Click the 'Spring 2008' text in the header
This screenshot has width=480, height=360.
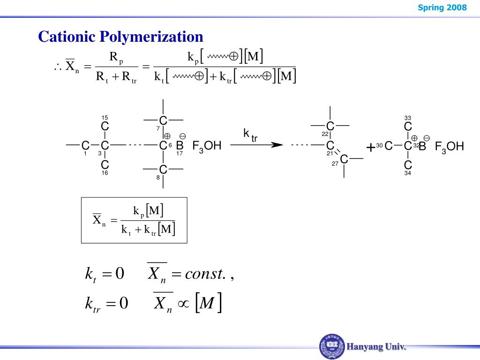click(x=449, y=7)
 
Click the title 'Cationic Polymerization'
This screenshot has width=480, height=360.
click(x=120, y=37)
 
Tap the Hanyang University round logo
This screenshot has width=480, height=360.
click(x=332, y=347)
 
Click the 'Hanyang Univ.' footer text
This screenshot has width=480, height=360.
click(x=376, y=347)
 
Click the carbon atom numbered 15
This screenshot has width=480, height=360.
click(x=105, y=127)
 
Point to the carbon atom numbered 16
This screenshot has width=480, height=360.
click(x=105, y=165)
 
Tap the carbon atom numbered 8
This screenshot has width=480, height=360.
click(x=163, y=169)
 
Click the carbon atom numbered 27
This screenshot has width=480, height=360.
click(x=344, y=160)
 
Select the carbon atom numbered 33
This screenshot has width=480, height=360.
click(x=408, y=127)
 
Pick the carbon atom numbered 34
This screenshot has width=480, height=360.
click(x=408, y=165)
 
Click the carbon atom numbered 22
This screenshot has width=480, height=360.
click(x=330, y=126)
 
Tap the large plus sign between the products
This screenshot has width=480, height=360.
click(x=371, y=147)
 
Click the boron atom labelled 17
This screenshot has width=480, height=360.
click(x=180, y=146)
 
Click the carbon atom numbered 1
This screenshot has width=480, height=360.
click(x=85, y=146)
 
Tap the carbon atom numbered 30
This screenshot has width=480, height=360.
click(x=388, y=146)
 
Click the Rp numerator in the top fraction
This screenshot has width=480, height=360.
click(x=115, y=58)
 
